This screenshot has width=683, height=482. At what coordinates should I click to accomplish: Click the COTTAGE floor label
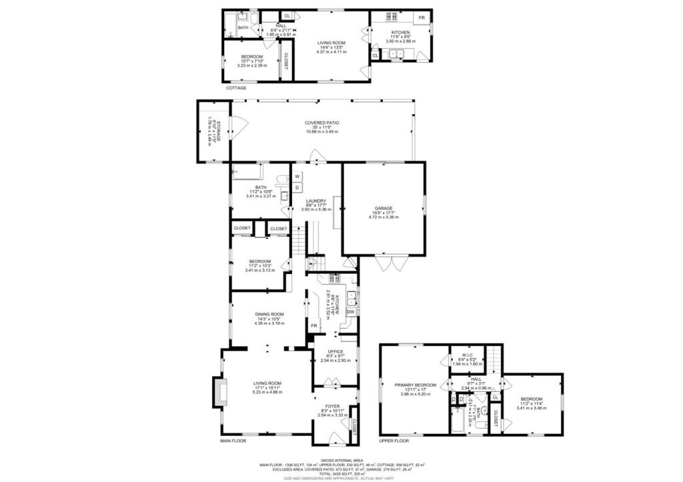(235, 88)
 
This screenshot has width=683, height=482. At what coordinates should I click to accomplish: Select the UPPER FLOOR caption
(394, 441)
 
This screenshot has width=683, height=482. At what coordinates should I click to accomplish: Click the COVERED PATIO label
(322, 123)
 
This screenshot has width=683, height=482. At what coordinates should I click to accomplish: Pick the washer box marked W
(297, 177)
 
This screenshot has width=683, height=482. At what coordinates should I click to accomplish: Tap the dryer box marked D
(297, 187)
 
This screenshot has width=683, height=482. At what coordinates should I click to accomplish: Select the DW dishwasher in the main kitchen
(350, 311)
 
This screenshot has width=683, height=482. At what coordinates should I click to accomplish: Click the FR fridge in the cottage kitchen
(422, 17)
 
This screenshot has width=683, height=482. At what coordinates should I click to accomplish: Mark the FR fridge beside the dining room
(313, 325)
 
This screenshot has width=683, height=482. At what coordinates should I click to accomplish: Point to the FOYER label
(332, 405)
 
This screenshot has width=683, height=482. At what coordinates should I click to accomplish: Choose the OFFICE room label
(335, 351)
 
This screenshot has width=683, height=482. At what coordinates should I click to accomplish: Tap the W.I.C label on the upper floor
(467, 355)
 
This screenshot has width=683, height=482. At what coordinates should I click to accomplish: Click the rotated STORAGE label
(209, 131)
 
